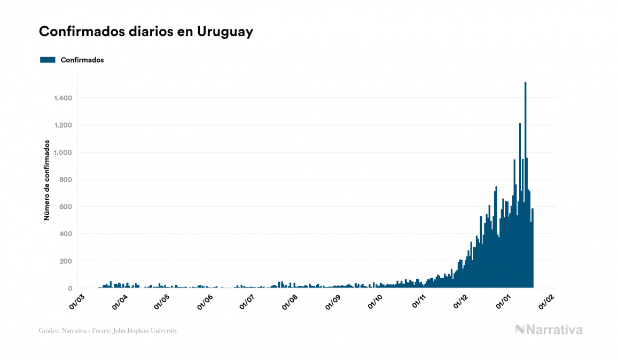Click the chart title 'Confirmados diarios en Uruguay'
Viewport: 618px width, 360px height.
tap(146, 32)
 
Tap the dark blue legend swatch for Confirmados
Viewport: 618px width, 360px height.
tap(48, 60)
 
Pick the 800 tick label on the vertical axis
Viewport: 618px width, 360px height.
tap(65, 179)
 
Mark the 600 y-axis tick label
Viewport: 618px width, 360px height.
tap(65, 207)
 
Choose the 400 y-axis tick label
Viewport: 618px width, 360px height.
tap(65, 234)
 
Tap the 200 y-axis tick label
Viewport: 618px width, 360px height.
tap(65, 261)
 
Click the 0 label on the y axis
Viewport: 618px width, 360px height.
tap(69, 288)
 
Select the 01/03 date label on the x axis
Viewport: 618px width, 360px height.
tap(78, 301)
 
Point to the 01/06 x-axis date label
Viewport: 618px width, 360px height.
tap(206, 301)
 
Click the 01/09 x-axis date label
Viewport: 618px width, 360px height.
tap(333, 301)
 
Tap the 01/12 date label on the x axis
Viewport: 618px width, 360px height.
tap(461, 301)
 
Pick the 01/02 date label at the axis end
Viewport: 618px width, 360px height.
tap(546, 301)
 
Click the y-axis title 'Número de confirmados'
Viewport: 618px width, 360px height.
tap(47, 180)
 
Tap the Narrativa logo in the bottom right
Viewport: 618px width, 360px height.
tap(549, 330)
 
